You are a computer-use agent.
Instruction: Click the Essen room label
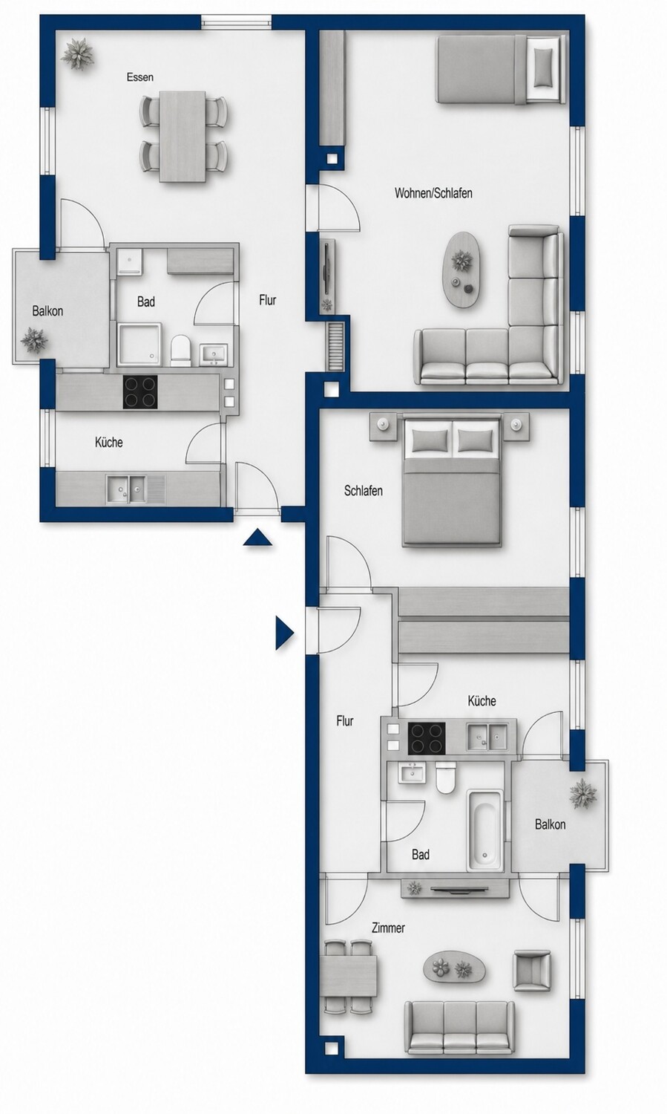click(x=139, y=77)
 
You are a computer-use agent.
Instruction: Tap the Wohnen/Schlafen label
click(x=433, y=193)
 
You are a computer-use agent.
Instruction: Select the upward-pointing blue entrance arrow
click(x=257, y=538)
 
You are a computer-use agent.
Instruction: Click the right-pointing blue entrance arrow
click(x=285, y=633)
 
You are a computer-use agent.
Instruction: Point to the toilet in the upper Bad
click(x=181, y=350)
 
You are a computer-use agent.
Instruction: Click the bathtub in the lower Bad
click(x=484, y=830)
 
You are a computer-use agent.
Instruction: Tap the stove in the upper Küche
click(x=140, y=392)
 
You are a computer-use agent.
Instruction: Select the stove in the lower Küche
click(x=426, y=737)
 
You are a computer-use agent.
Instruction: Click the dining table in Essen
click(x=183, y=137)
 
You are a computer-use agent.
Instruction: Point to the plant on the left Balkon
click(x=35, y=340)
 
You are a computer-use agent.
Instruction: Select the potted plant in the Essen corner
click(x=77, y=53)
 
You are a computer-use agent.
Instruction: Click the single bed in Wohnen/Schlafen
click(x=501, y=69)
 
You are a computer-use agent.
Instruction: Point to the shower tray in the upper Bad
click(x=139, y=345)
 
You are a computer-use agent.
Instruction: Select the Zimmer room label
click(x=388, y=928)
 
